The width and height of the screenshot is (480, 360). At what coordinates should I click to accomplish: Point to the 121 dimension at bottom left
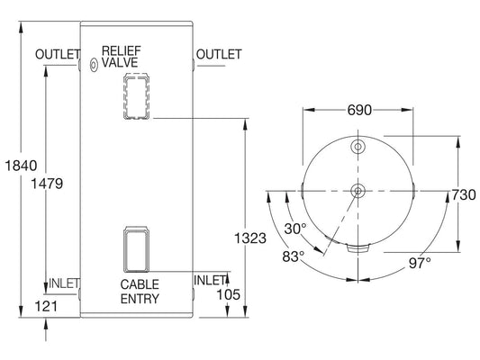tap(46, 307)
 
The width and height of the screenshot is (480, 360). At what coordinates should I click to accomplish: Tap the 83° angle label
tap(294, 256)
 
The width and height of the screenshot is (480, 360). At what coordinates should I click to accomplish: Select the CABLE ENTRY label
tap(140, 292)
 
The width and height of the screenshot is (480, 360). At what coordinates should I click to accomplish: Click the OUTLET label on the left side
tap(58, 55)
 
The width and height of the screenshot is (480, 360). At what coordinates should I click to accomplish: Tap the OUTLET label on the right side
tap(218, 54)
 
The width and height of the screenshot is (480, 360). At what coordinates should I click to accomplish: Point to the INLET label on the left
tap(63, 283)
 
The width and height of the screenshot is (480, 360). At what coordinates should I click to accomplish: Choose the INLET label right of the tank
tap(209, 281)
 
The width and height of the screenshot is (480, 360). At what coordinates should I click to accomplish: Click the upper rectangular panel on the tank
tap(136, 95)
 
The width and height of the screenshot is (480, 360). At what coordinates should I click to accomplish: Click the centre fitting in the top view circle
tap(358, 190)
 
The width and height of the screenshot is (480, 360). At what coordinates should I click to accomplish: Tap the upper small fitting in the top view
tap(358, 147)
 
